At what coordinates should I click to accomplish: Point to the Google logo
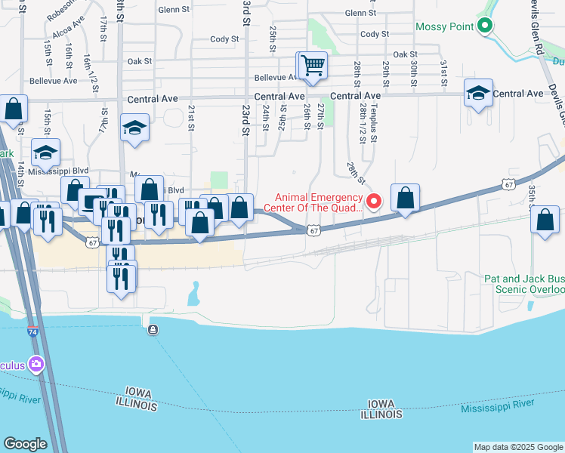[x=25, y=444]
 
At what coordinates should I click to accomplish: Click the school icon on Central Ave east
[x=478, y=93]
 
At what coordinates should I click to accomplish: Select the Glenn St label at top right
[x=360, y=14]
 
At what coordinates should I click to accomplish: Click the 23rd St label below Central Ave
[x=246, y=119]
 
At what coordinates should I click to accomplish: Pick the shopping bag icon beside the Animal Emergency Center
[x=406, y=199]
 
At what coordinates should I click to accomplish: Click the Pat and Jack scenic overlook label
[x=524, y=284]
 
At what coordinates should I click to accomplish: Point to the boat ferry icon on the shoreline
[x=153, y=329]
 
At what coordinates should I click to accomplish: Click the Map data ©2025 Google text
[x=518, y=447]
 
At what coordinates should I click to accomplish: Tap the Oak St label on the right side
[x=405, y=54]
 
